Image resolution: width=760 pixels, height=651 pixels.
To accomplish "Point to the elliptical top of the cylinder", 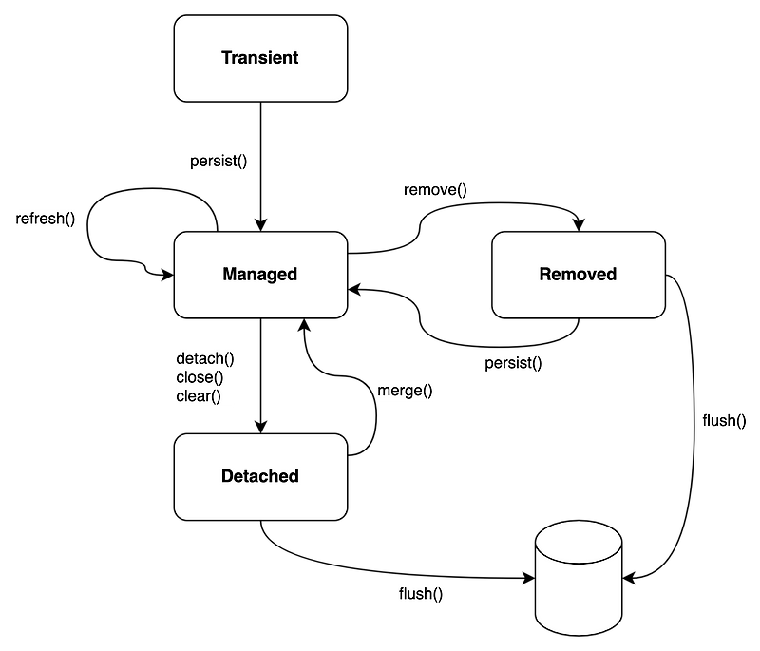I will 578,544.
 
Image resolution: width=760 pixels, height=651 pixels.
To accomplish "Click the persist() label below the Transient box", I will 218,161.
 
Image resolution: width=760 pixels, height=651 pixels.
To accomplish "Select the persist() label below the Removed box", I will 513,363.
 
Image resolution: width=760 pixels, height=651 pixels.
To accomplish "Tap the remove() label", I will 436,190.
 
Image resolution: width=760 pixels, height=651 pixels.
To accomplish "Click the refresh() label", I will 46,219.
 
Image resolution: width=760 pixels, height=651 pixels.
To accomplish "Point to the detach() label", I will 205,358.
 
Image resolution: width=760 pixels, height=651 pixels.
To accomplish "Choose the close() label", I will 199,377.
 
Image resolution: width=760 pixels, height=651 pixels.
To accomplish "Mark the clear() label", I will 199,396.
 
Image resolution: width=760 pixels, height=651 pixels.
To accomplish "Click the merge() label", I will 405,390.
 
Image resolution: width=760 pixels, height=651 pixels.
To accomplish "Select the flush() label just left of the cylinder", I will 421,595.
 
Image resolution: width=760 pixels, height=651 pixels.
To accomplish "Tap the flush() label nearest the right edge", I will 724,420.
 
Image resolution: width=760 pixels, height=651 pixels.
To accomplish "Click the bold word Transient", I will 259,58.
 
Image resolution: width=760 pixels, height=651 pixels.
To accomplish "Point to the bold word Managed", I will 259,275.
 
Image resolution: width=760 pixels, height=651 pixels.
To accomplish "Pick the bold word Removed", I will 578,275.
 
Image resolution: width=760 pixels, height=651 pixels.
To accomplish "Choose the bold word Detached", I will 259,476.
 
